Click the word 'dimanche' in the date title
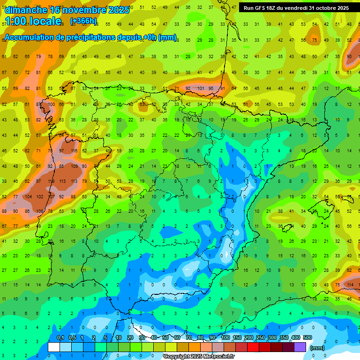[x=26, y=9]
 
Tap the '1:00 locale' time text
[x=33, y=21]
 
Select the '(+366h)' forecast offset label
[x=83, y=21]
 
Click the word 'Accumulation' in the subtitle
[x=32, y=37]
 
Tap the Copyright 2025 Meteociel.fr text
[x=199, y=357]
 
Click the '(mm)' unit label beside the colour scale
[x=317, y=348]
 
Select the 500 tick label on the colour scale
[x=307, y=337]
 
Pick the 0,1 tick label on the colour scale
[x=60, y=337]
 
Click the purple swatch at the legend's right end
[x=300, y=347]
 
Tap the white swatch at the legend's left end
[x=54, y=347]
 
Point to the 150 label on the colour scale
[x=237, y=337]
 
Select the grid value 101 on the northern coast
[x=200, y=88]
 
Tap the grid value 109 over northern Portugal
[x=74, y=166]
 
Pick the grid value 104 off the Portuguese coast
[x=28, y=197]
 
